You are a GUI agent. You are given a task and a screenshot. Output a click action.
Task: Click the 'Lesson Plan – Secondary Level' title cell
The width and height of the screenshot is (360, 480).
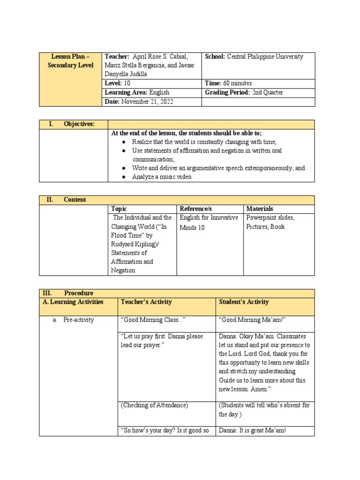[71, 61]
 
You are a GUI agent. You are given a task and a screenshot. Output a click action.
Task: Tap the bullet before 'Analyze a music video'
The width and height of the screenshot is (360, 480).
[123, 177]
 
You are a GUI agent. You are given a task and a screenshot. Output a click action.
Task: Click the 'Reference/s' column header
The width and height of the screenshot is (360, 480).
[195, 209]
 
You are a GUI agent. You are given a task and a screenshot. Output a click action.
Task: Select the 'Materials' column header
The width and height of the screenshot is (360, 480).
[260, 209]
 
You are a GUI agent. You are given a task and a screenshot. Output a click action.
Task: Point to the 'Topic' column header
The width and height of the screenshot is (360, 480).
[119, 209]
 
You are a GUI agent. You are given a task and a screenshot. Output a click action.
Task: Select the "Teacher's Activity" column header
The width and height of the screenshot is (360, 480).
[146, 302]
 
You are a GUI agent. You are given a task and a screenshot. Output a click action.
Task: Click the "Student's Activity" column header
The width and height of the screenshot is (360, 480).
[244, 302]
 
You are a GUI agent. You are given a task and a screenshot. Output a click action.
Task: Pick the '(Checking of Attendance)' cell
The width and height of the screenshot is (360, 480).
[154, 405]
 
